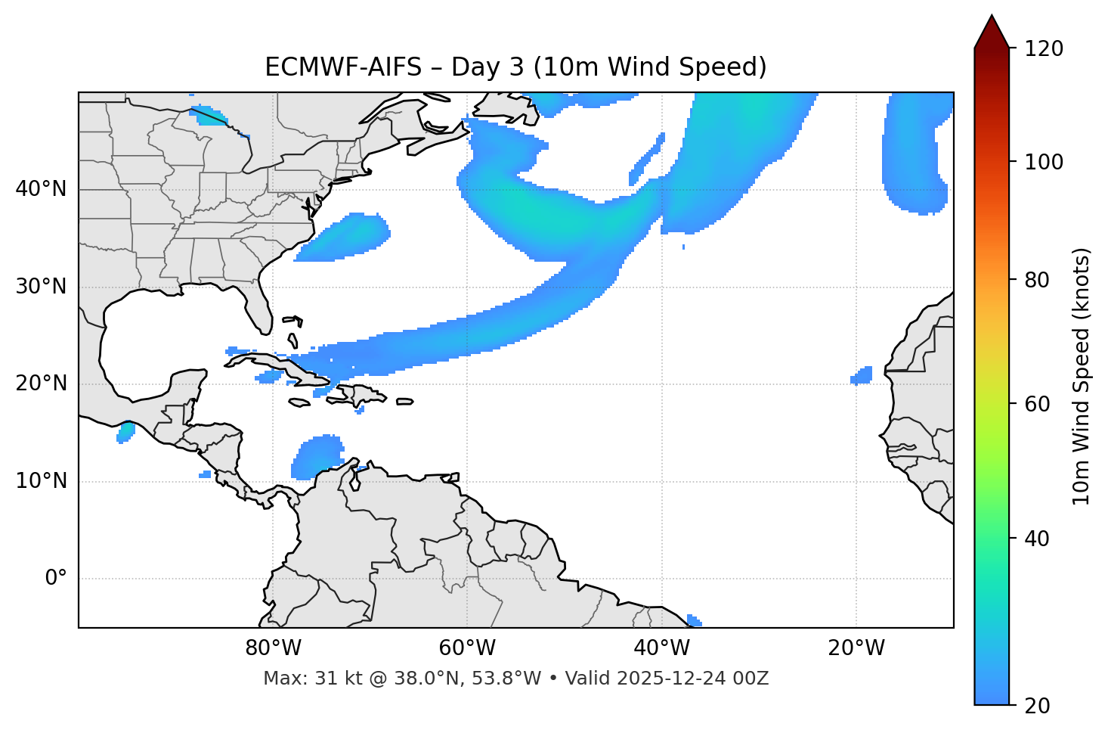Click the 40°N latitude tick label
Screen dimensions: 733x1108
(41, 189)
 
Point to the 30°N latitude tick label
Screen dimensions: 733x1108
(41, 287)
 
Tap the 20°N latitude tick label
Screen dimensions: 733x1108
(41, 384)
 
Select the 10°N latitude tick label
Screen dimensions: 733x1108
(41, 481)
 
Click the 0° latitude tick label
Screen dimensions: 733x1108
(56, 579)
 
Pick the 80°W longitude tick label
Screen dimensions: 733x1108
(273, 648)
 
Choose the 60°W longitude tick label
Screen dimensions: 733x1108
(467, 648)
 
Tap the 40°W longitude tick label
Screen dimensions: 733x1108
(661, 648)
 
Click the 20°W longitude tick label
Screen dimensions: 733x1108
(856, 648)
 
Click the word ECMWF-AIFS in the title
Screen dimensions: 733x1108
(342, 67)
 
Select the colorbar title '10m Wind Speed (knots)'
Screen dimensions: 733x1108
(1082, 376)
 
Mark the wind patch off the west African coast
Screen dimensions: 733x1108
(862, 375)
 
